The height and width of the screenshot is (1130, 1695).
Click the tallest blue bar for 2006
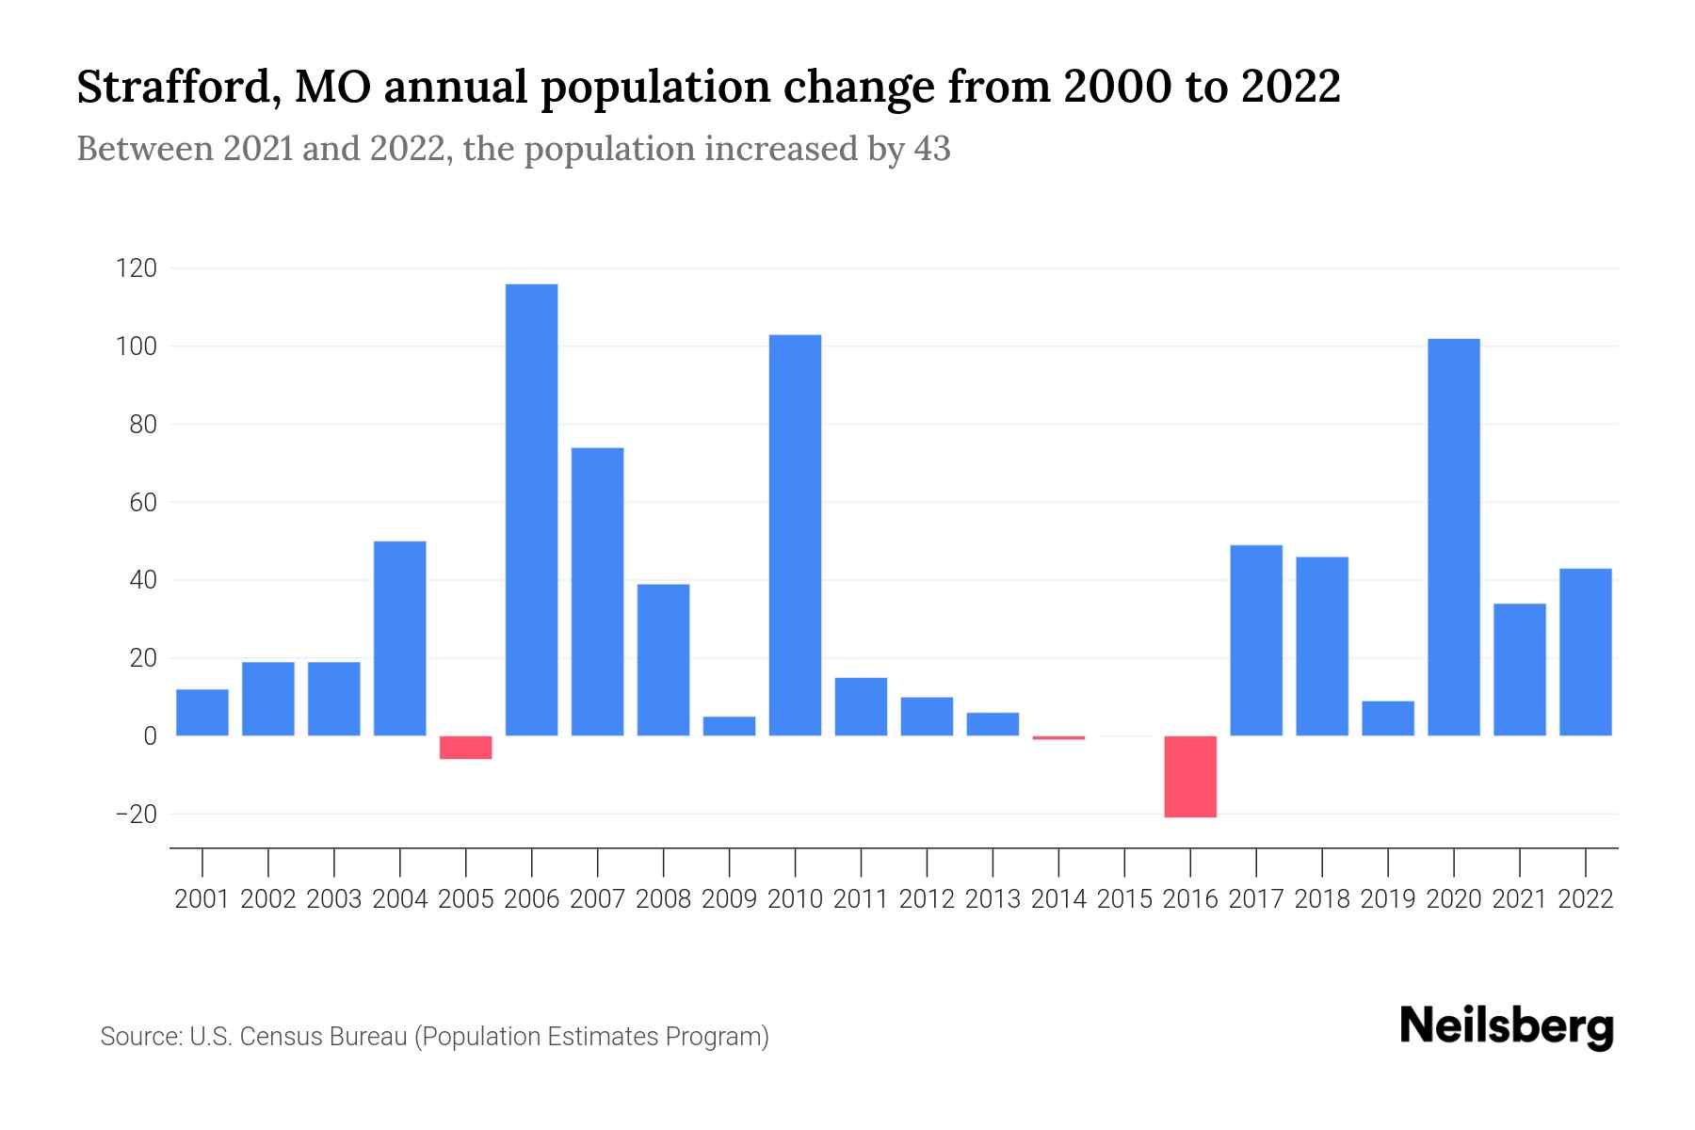coord(531,508)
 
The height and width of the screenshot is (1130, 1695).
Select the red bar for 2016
coord(1190,776)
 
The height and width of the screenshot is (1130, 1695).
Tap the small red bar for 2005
coord(465,747)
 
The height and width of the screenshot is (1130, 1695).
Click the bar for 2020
coord(1453,537)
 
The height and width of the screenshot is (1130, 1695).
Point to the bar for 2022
coord(1585,652)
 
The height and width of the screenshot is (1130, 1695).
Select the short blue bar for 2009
coord(729,726)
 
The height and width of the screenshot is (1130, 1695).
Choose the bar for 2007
coord(597,591)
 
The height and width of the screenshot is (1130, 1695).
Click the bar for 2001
coord(202,712)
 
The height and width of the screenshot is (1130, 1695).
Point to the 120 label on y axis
coord(136,269)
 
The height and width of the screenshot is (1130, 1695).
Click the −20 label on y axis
coord(136,815)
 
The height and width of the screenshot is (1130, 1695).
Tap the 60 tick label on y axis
coord(142,503)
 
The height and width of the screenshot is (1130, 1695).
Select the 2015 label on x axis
coord(1124,899)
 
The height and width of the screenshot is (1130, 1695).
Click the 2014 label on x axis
coord(1058,899)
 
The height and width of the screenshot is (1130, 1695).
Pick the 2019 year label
coord(1388,899)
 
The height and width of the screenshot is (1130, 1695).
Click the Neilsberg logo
coord(1507,1026)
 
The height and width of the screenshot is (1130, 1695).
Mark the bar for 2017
coord(1256,640)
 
